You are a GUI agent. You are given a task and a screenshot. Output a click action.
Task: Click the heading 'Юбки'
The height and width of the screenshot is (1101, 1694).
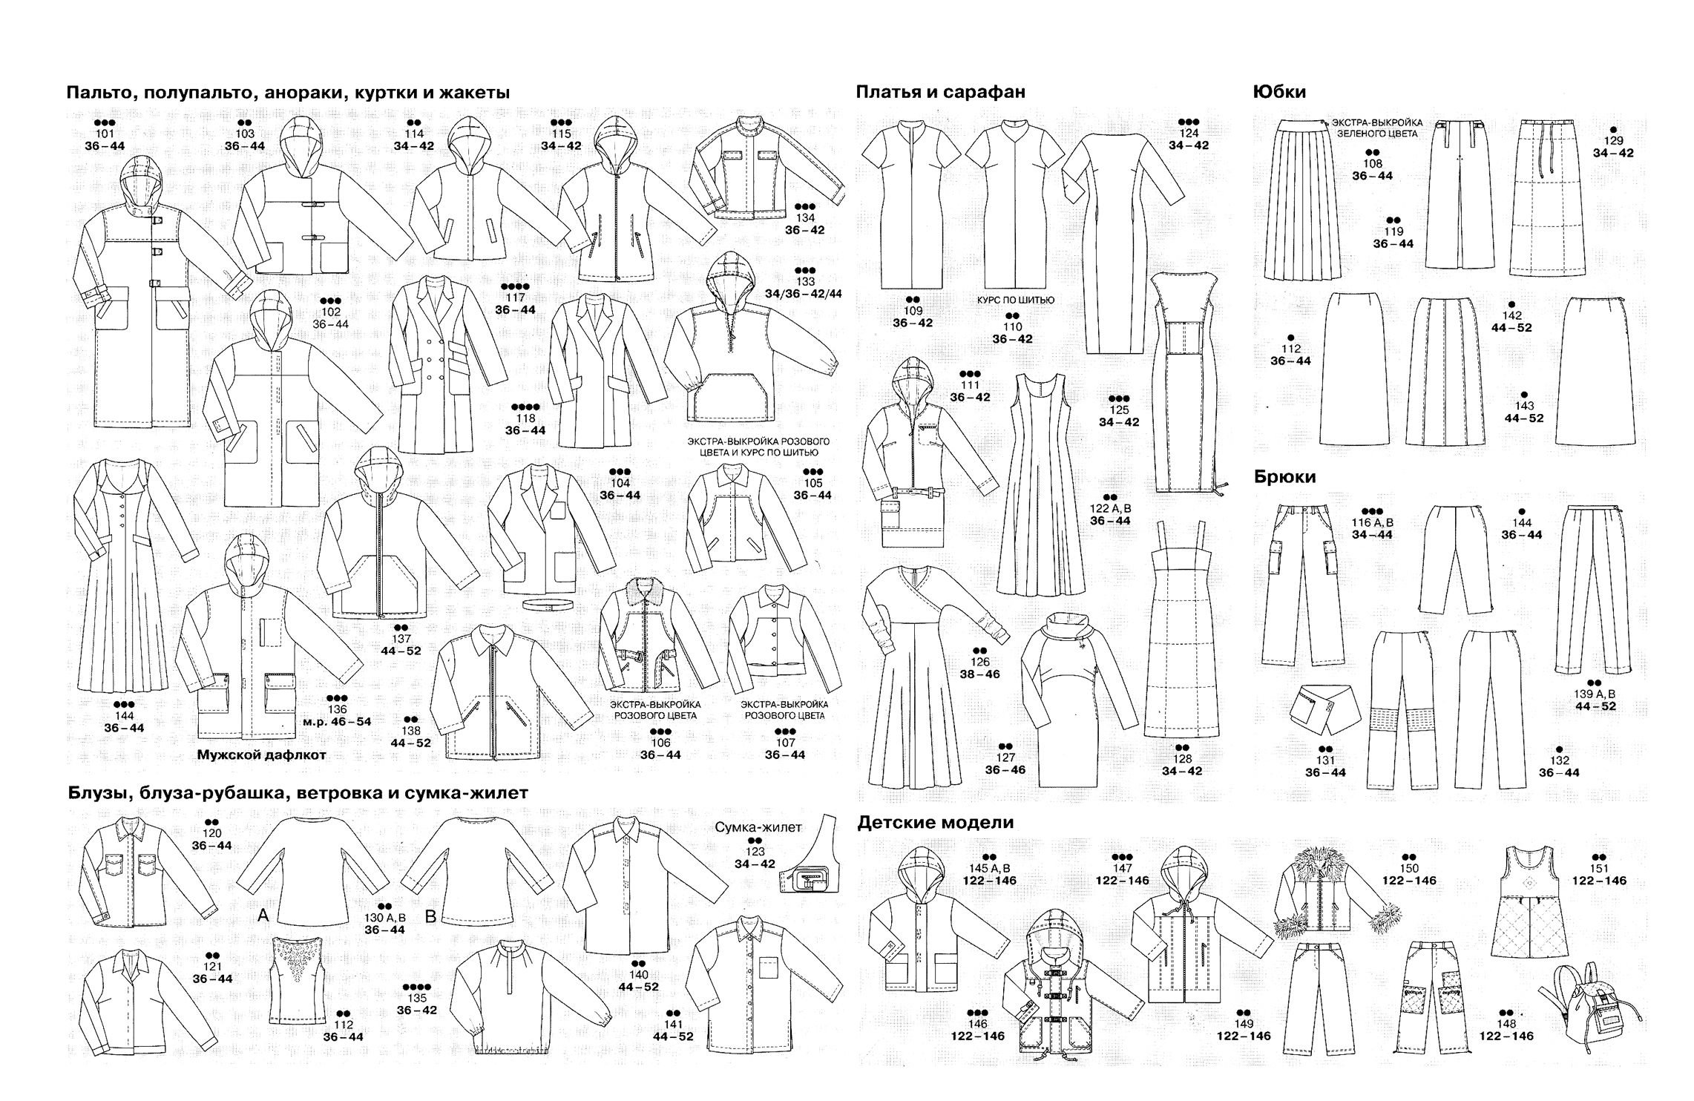1279,92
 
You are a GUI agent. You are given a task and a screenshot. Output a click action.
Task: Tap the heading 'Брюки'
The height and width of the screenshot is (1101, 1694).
1285,477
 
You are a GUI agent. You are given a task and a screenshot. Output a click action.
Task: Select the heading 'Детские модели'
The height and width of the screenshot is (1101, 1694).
935,822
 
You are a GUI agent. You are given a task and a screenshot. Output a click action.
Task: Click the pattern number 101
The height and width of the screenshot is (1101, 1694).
105,134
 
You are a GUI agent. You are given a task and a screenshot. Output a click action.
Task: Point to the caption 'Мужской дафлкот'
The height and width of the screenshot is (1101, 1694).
262,755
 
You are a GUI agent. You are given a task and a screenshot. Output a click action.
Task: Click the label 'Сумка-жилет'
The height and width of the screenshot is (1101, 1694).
758,827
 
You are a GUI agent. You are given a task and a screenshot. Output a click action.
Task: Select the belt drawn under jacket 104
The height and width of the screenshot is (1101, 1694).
550,605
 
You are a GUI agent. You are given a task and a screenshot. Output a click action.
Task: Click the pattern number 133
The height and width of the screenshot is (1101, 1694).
805,281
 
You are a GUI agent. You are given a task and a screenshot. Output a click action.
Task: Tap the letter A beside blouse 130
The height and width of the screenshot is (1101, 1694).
263,916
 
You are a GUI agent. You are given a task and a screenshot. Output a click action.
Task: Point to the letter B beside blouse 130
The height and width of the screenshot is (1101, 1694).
430,916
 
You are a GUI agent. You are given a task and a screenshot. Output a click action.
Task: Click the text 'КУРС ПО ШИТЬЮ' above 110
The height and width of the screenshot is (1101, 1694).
1014,300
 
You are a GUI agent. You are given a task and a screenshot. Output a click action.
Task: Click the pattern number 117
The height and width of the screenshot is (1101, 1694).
515,298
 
